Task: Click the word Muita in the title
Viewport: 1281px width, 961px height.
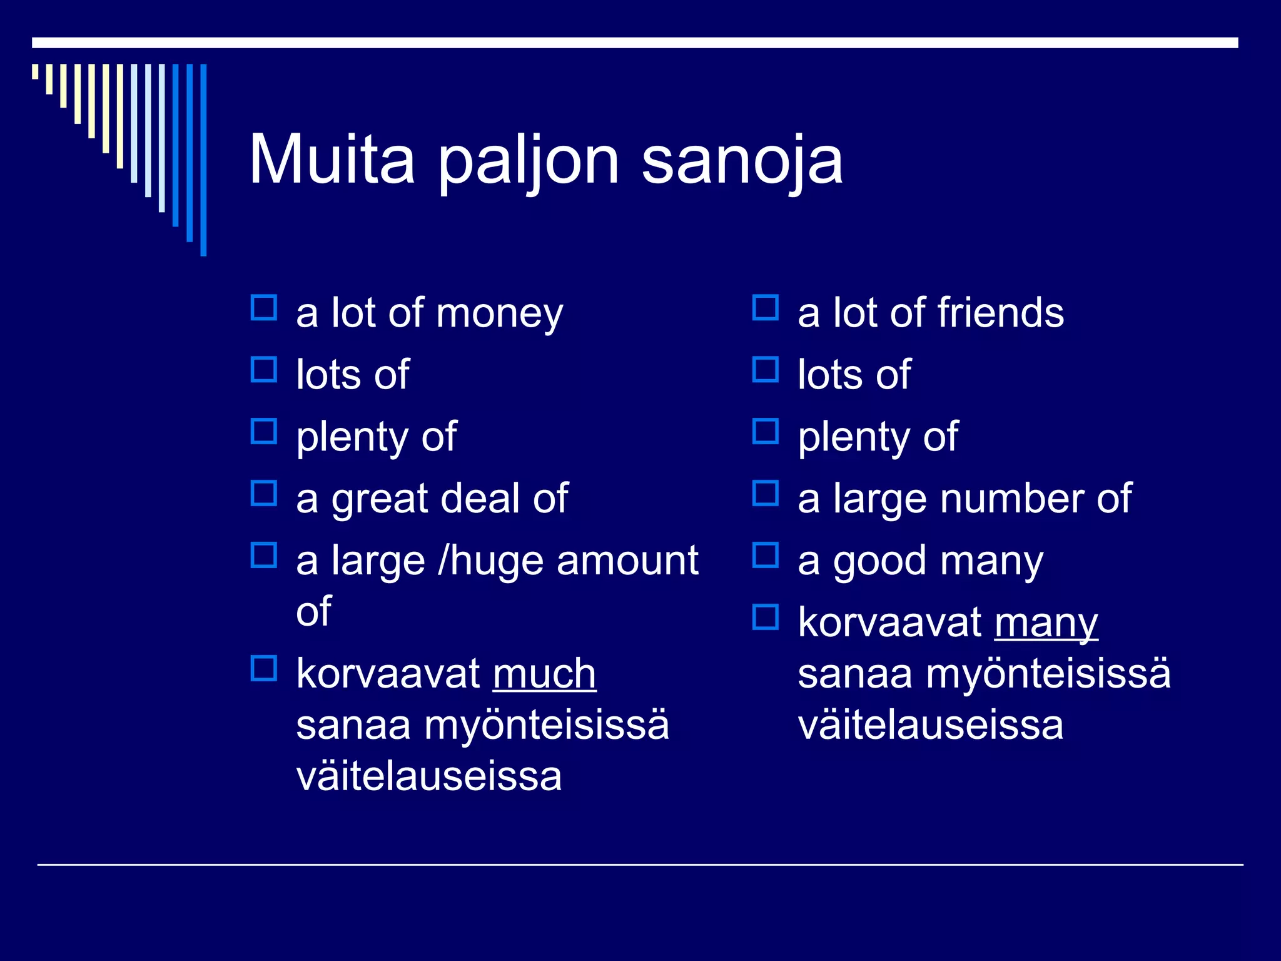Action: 332,160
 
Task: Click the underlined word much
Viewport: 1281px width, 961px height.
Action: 544,674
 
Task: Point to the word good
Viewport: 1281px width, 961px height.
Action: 879,562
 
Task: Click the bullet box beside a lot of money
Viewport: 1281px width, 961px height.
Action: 264,308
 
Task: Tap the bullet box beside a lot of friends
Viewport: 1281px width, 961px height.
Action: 766,308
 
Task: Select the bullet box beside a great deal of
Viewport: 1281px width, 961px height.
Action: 264,493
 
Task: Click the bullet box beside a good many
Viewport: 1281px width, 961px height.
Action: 766,555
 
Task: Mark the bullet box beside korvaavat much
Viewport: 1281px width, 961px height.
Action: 264,668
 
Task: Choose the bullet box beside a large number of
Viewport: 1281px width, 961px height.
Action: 766,493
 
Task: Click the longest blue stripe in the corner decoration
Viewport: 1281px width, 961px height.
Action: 203,160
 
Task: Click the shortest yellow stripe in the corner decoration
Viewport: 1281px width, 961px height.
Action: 35,71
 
